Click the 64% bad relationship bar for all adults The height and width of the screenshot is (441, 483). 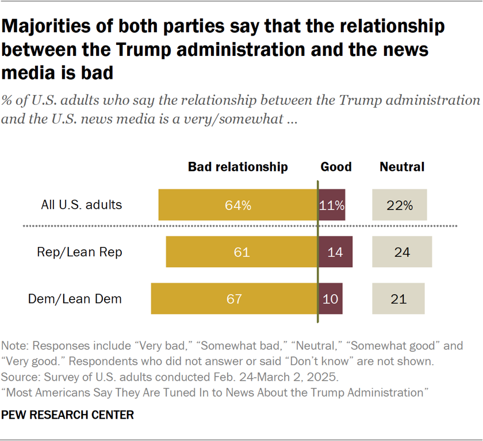point(238,205)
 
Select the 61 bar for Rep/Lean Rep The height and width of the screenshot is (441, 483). point(241,252)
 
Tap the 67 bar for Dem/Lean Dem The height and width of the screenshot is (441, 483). point(234,299)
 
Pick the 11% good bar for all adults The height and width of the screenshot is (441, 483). point(332,205)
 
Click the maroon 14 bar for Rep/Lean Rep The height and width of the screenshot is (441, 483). point(335,252)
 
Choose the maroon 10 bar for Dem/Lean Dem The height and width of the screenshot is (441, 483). point(331,299)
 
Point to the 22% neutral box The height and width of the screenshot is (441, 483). point(400,205)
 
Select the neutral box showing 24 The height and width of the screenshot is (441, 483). point(402,252)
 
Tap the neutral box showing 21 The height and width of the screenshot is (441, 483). point(398,299)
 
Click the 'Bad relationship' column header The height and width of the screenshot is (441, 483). point(238,167)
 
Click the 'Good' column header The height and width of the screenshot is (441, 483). point(336,167)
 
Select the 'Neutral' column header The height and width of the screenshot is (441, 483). point(402,167)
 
